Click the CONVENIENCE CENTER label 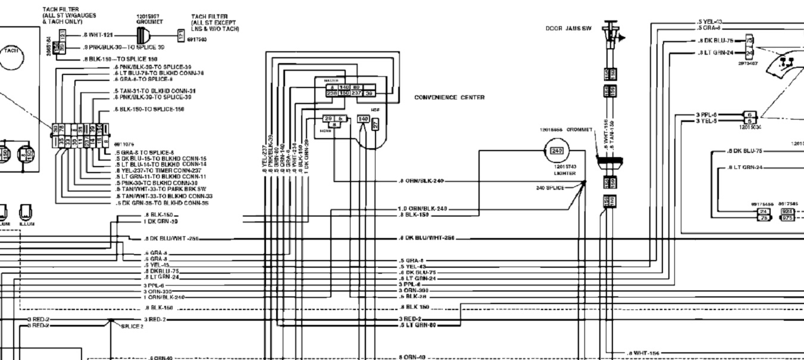click(x=449, y=98)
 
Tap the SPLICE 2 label click(x=132, y=326)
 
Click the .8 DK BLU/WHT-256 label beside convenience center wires click(x=426, y=238)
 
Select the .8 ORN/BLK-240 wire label click(x=420, y=180)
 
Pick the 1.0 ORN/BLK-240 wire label click(x=422, y=209)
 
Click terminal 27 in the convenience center click(x=376, y=124)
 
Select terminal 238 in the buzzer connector click(x=331, y=93)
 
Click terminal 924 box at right click(x=787, y=211)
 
